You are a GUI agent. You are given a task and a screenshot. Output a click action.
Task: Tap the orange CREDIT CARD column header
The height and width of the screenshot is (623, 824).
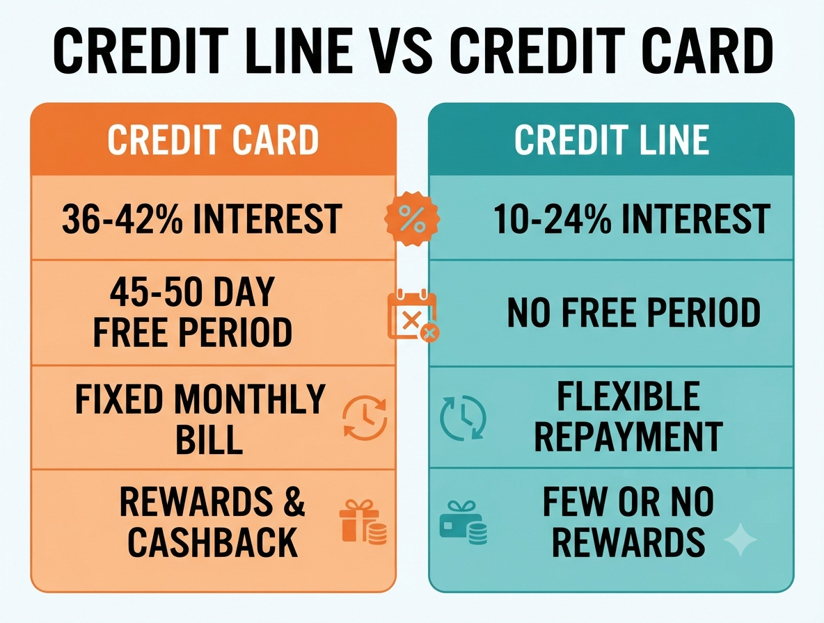[x=213, y=140]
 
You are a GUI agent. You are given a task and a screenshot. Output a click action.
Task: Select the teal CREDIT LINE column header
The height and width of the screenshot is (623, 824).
[x=611, y=140]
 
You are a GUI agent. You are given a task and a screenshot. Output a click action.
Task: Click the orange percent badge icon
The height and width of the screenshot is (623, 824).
[x=412, y=219]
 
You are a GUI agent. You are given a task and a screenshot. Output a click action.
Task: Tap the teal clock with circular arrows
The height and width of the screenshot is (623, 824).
[x=463, y=418]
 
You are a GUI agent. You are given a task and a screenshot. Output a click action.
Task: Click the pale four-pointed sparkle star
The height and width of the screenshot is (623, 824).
[x=740, y=539]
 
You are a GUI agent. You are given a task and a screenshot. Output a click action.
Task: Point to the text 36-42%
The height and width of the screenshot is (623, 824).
[x=122, y=219]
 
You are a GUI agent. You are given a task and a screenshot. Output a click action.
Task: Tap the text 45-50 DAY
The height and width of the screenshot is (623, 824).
[x=192, y=291]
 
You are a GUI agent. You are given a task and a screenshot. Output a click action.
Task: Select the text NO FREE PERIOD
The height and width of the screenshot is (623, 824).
[x=634, y=313]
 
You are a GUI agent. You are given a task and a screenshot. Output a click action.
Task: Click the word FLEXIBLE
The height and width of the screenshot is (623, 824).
[x=628, y=396]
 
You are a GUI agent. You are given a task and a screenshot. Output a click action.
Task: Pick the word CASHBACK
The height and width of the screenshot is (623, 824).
[x=213, y=542]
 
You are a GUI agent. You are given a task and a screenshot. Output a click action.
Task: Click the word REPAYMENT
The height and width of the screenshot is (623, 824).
[x=628, y=437]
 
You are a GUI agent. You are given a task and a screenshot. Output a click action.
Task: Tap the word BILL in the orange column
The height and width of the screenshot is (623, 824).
[x=209, y=439]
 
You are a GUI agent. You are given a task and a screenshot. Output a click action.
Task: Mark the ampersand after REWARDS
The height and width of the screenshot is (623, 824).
[x=295, y=502]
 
